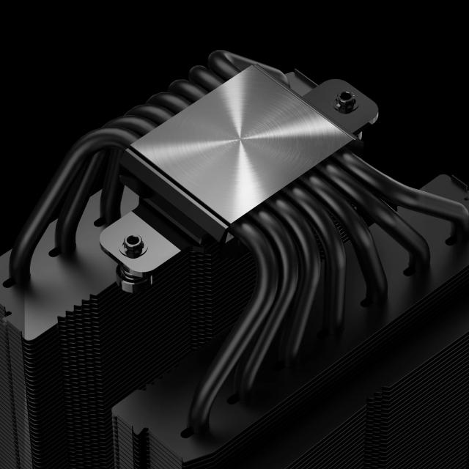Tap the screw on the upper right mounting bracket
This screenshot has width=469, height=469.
342,101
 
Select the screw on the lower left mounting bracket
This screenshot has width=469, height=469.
132,241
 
